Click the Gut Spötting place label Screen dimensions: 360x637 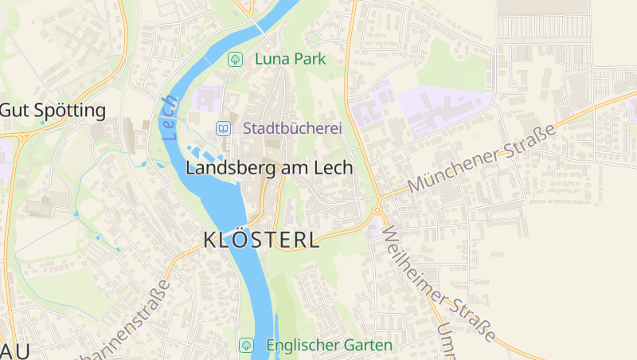click(53, 110)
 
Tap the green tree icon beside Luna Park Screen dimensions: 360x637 click(235, 59)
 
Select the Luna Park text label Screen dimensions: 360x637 click(290, 59)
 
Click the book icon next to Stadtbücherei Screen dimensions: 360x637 click(224, 128)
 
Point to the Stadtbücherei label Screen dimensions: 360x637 click(291, 128)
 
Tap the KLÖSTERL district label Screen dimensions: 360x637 click(262, 240)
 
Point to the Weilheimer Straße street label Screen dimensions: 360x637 click(439, 283)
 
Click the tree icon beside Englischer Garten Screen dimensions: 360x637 click(247, 345)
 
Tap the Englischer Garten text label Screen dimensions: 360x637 click(329, 345)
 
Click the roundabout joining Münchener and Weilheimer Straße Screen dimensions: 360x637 click(377, 211)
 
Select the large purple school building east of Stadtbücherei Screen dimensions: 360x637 click(446, 112)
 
